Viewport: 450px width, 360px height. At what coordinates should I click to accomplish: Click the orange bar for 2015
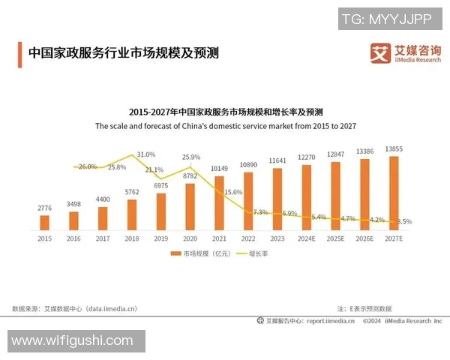pyautogui.click(x=44, y=222)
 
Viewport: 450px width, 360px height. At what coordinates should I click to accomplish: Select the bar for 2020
pyautogui.click(x=190, y=206)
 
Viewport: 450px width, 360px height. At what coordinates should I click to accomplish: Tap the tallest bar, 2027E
pyautogui.click(x=394, y=192)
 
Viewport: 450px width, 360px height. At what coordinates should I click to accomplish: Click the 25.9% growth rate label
pyautogui.click(x=191, y=157)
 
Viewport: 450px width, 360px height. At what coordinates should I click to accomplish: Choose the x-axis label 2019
pyautogui.click(x=161, y=238)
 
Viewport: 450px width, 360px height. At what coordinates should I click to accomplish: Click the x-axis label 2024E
pyautogui.click(x=307, y=238)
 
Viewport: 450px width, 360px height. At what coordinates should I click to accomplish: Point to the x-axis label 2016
pyautogui.click(x=73, y=238)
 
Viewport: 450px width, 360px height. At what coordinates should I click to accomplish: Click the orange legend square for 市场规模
pyautogui.click(x=176, y=253)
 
